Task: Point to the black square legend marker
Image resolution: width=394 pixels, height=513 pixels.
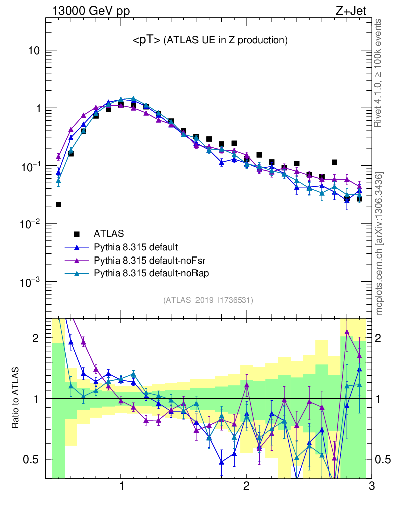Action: (x=77, y=233)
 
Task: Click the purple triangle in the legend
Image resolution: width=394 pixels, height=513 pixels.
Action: (x=77, y=260)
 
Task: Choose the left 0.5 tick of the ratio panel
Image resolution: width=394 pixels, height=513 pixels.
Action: (x=32, y=459)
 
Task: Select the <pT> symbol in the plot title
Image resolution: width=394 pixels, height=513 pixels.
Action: (x=146, y=40)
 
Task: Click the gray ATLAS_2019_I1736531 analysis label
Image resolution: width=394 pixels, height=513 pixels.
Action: (x=208, y=300)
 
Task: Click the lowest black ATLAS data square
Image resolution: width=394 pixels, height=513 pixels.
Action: (x=58, y=204)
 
